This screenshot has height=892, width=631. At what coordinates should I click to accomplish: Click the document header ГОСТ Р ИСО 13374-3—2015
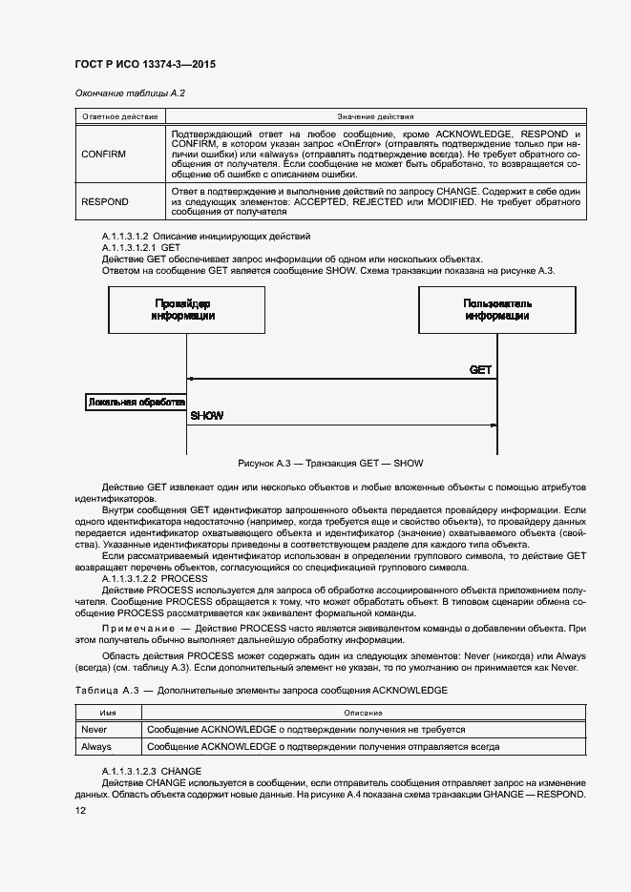[x=143, y=63]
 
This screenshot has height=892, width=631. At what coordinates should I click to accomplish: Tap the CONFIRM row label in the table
[x=104, y=153]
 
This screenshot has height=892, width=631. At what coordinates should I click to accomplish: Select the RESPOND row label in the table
[x=105, y=202]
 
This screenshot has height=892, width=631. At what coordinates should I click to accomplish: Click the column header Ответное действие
[x=117, y=115]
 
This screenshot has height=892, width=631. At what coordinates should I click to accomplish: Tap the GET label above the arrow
[x=480, y=369]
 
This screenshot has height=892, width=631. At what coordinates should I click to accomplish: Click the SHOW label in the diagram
[x=207, y=416]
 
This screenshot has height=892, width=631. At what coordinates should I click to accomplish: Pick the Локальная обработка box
[x=136, y=403]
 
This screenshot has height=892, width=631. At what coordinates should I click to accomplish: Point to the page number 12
[x=81, y=810]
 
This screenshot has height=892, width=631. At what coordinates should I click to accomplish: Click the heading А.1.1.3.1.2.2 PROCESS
[x=154, y=579]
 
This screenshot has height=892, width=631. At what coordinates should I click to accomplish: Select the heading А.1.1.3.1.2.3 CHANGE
[x=152, y=769]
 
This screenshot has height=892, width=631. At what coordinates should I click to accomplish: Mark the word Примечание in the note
[x=138, y=631]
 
